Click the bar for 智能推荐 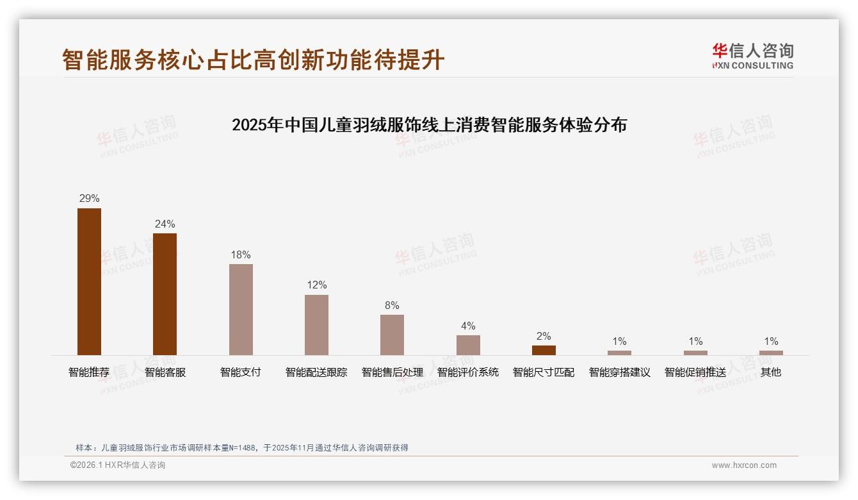pos(89,281)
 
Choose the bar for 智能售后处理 pos(392,335)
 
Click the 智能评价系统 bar pos(468,345)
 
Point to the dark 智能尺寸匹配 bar pos(544,350)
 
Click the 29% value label pos(89,199)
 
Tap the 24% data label pos(165,224)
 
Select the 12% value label pos(316,285)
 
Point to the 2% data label pos(544,336)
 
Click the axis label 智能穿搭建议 pos(619,372)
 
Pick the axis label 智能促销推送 pos(695,372)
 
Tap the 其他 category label pos(771,372)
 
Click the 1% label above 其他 pos(771,341)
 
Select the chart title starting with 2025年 pos(429,125)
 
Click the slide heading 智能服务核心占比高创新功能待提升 pos(253,60)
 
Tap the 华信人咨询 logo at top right pos(752,56)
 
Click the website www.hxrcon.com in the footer pos(744,465)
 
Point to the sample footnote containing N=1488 pos(242,447)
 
